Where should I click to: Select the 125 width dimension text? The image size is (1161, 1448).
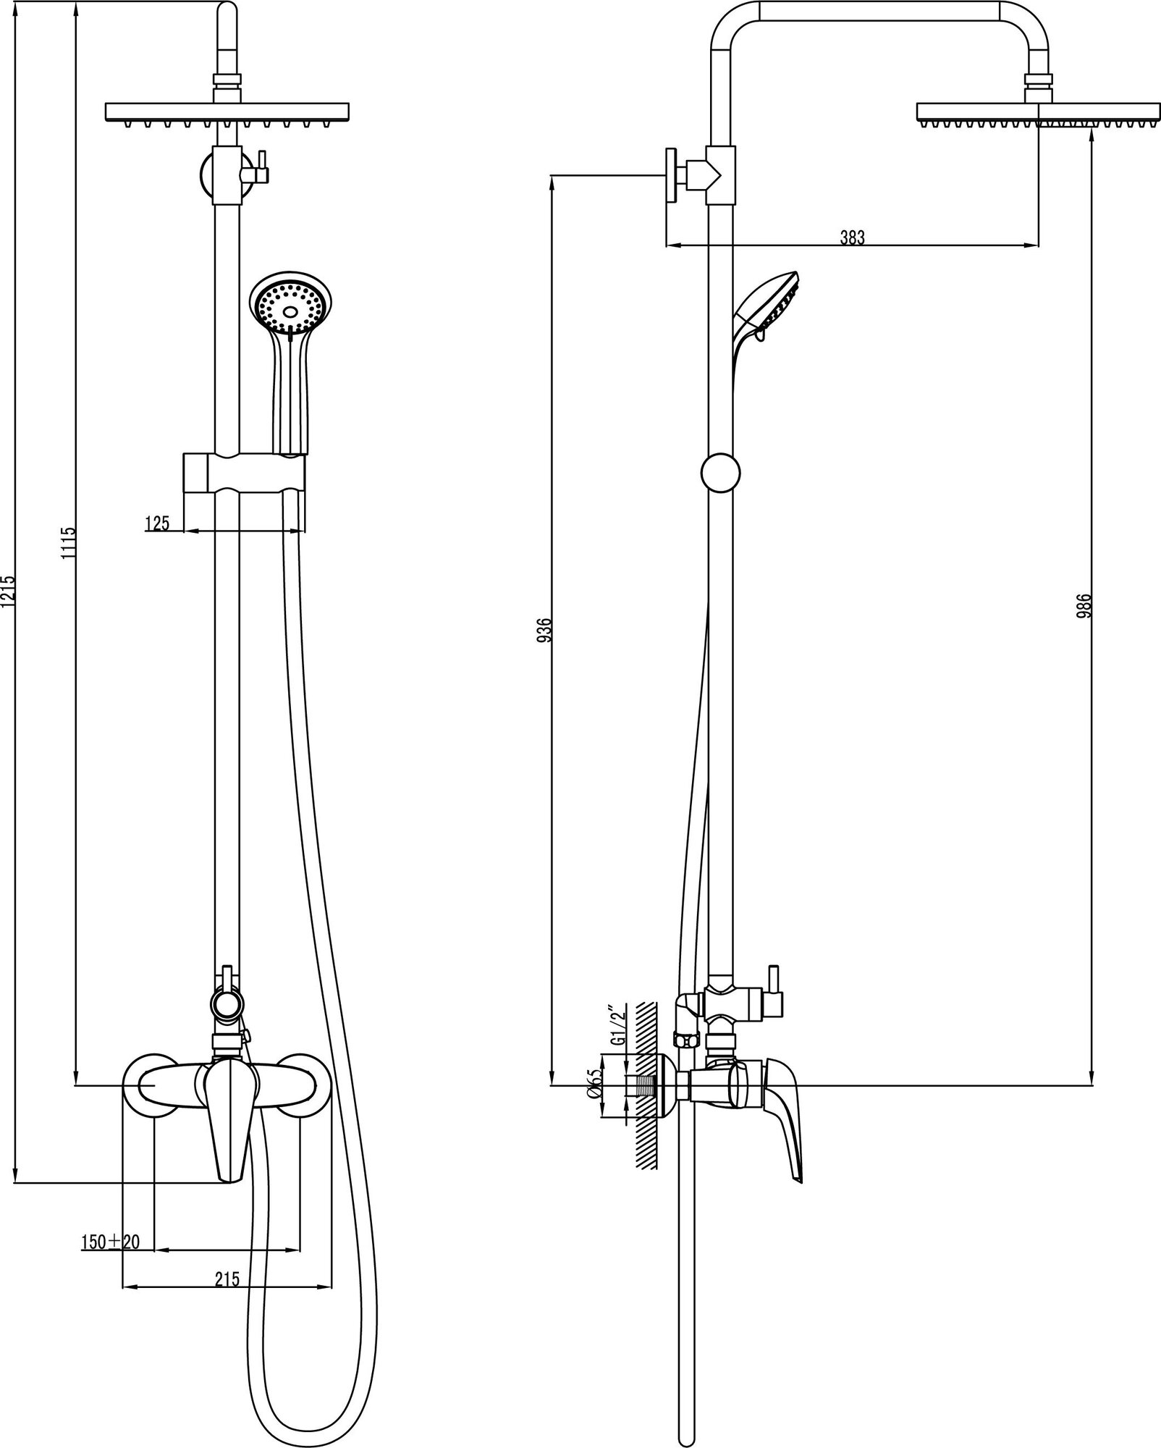pyautogui.click(x=157, y=523)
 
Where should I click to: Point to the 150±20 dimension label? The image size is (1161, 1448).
pyautogui.click(x=111, y=1242)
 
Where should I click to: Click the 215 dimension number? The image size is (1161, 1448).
pyautogui.click(x=227, y=1279)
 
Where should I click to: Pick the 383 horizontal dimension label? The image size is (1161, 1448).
pyautogui.click(x=852, y=237)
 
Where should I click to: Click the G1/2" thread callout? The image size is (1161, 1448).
pyautogui.click(x=616, y=1025)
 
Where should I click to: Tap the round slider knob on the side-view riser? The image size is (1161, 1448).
pyautogui.click(x=721, y=472)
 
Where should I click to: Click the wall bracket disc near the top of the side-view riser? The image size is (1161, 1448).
pyautogui.click(x=671, y=176)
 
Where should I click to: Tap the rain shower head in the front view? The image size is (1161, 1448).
pyautogui.click(x=227, y=112)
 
